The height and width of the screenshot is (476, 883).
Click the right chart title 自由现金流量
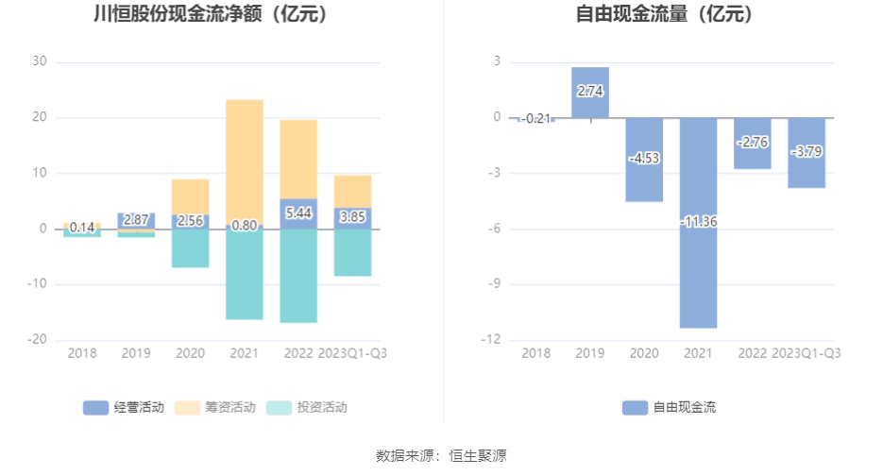point(665,15)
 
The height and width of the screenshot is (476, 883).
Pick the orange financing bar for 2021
point(245,161)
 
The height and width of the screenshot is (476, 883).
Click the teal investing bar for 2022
point(298,276)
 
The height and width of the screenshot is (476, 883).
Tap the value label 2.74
point(589,92)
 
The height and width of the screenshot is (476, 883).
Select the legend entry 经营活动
point(124,408)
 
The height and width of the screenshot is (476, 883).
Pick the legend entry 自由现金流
point(669,408)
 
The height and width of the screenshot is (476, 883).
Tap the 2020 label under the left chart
point(190,353)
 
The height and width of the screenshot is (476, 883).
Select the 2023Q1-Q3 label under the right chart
point(807,353)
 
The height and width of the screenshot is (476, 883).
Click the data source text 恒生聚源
point(478,456)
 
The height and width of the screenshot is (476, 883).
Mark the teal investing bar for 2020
point(190,248)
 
